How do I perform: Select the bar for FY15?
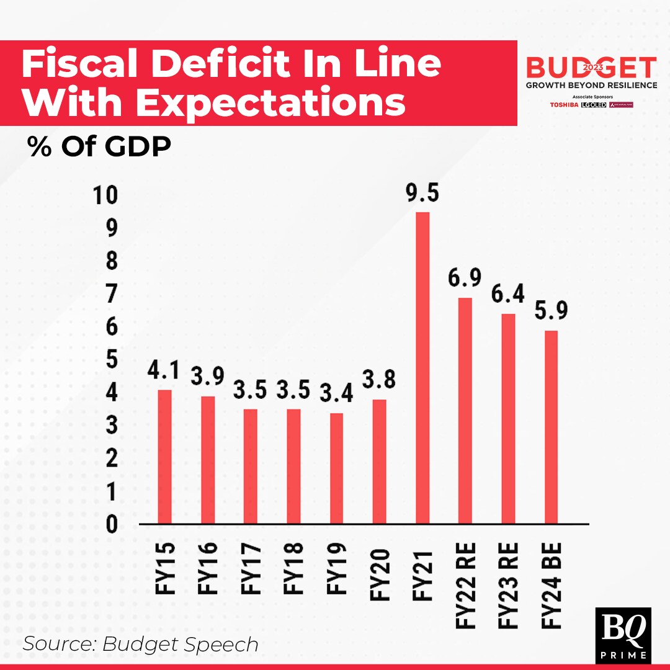[164, 457]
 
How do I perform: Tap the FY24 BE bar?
[551, 427]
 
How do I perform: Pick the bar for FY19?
[336, 468]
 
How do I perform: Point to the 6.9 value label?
[465, 279]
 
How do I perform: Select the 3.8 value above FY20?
[379, 380]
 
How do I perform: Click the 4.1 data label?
[164, 370]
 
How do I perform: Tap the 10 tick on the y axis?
[104, 196]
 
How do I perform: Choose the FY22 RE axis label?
[465, 586]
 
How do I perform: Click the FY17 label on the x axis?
[251, 568]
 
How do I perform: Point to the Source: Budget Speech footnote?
[140, 644]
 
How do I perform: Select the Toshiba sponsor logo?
[564, 104]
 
